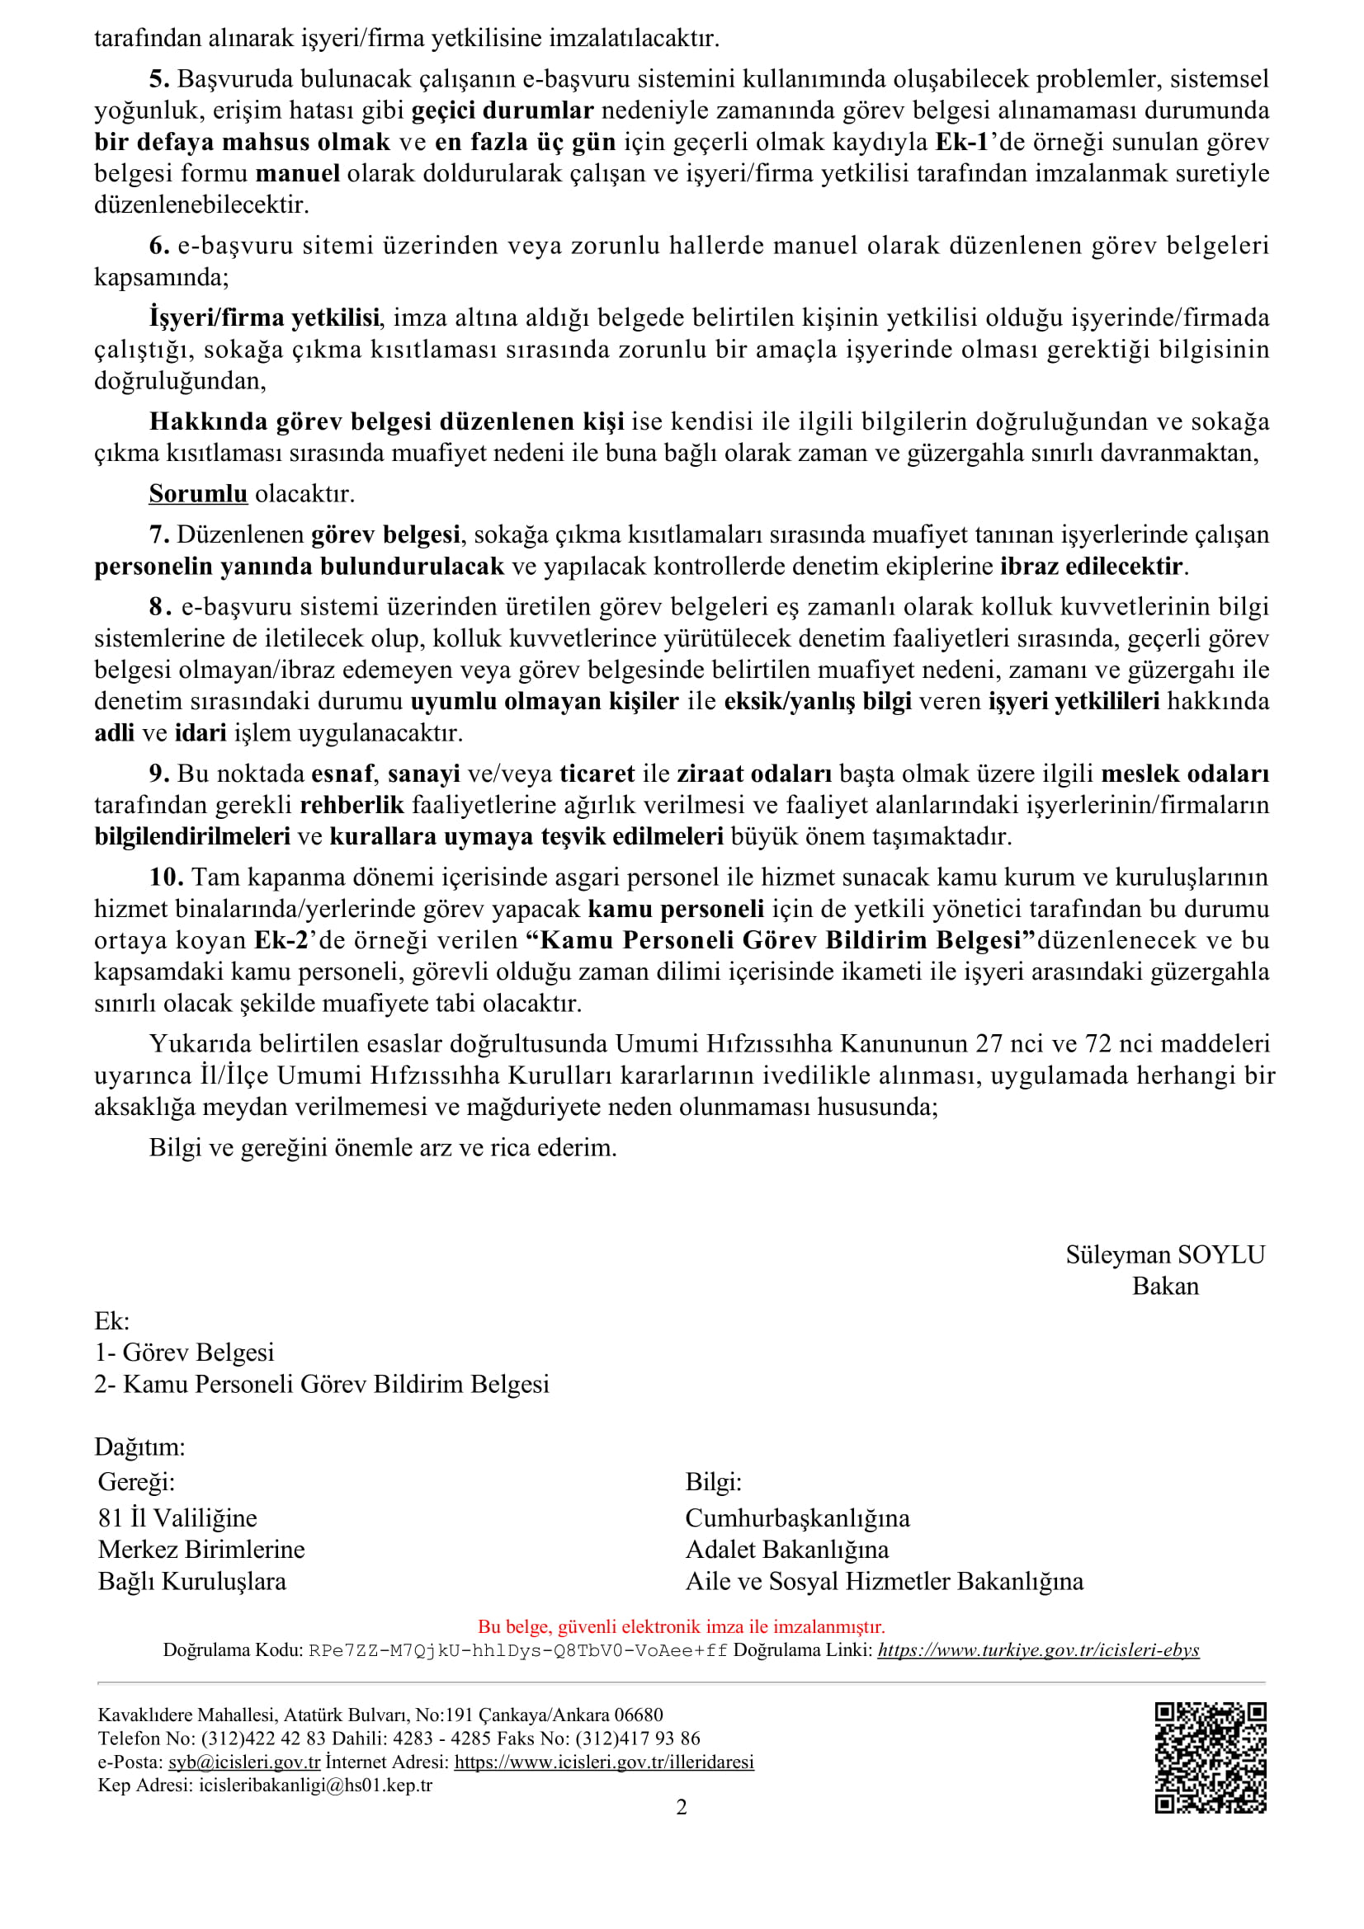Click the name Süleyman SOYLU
1165,1254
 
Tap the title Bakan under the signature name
1165,1287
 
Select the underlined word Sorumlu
197,494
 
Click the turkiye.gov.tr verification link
1038,1649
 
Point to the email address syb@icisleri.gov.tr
243,1762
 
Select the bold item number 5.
158,79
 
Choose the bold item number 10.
166,877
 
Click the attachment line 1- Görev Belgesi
184,1352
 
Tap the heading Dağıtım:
139,1447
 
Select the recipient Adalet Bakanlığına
786,1550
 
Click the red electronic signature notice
681,1626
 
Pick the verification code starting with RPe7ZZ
517,1650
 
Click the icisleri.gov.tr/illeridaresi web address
603,1762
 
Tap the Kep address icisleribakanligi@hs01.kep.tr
315,1786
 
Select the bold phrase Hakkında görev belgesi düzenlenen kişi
387,421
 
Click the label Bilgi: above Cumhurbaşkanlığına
713,1481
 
